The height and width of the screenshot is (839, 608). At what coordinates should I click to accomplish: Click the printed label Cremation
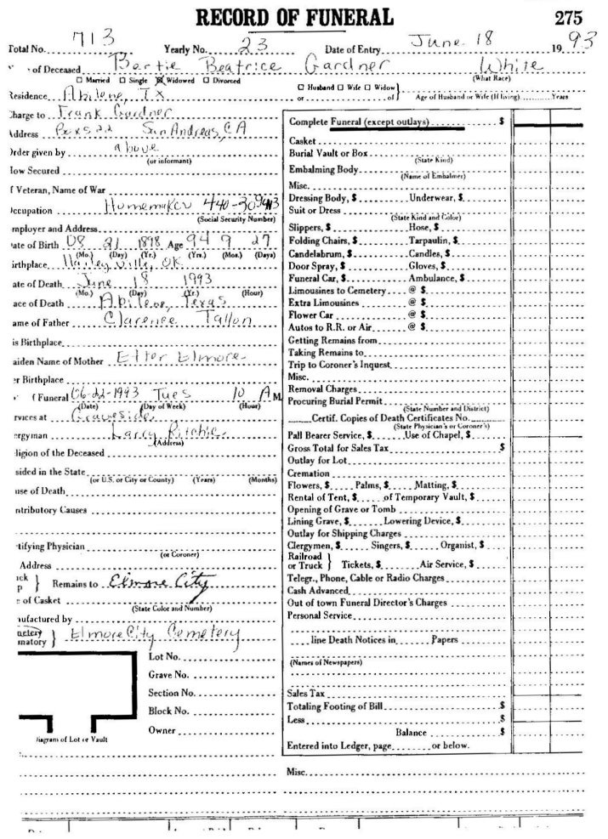(304, 472)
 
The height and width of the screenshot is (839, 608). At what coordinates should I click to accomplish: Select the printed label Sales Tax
(302, 694)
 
